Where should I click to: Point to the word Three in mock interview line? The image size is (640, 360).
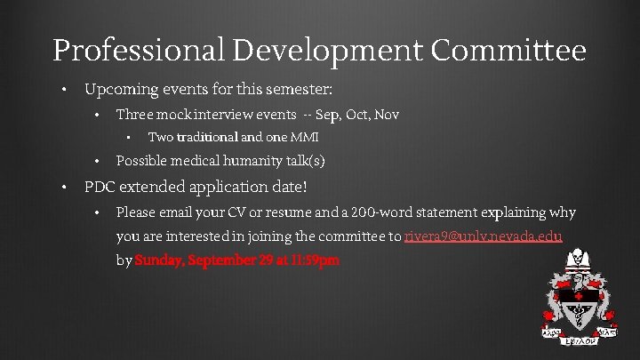[x=134, y=115]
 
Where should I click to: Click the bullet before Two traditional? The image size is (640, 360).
[x=129, y=138]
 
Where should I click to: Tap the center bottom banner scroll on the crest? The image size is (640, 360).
[x=579, y=338]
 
